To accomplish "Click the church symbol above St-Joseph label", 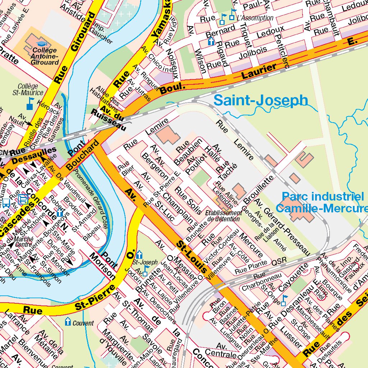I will (x=138, y=254).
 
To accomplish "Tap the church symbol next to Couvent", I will (x=68, y=322).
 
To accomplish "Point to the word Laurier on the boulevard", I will (x=259, y=70).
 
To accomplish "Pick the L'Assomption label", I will (x=255, y=18).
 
